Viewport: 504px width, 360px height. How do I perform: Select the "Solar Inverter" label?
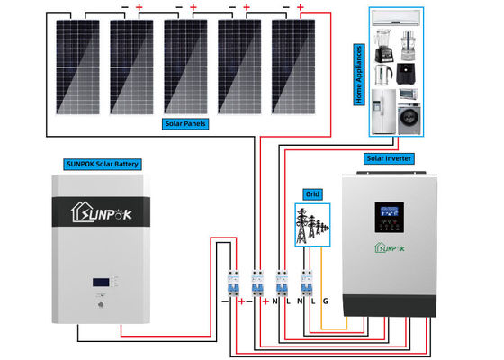click(x=388, y=158)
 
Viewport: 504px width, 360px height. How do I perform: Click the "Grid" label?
click(x=312, y=193)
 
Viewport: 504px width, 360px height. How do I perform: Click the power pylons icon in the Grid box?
click(x=312, y=224)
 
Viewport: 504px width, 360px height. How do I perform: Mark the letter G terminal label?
click(x=326, y=301)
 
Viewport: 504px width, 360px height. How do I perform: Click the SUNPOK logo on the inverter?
click(x=389, y=249)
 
